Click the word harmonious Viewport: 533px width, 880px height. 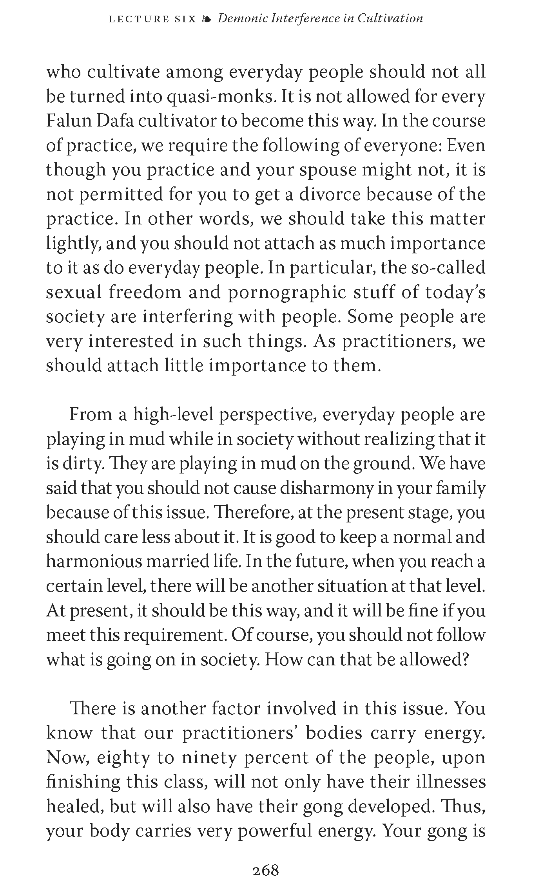94,561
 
